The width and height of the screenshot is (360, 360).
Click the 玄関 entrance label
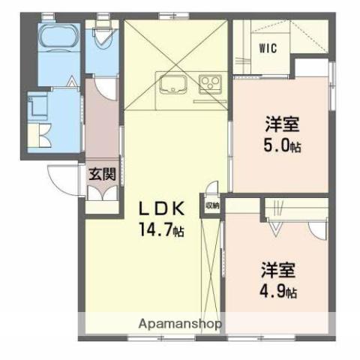(103, 175)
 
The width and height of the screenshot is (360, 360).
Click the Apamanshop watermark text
(180, 325)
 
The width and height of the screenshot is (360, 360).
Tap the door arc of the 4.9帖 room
(317, 229)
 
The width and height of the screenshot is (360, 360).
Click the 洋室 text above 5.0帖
(282, 124)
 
